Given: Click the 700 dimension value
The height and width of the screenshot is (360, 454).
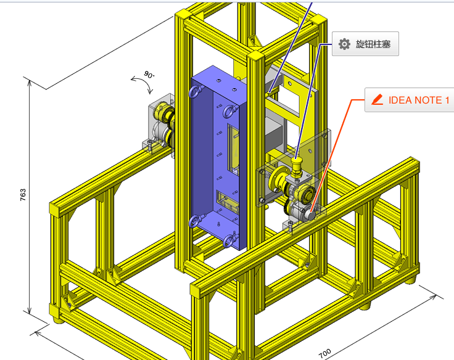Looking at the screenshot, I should click(x=324, y=353).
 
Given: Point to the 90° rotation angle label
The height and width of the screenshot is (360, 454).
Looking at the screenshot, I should click(x=149, y=75).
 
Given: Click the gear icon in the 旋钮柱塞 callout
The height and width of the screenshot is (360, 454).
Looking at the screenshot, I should click(x=344, y=44).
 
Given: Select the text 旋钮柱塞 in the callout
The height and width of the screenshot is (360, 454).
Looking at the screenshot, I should click(x=373, y=44).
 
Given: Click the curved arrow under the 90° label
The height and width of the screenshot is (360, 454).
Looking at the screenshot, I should click(x=144, y=84).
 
